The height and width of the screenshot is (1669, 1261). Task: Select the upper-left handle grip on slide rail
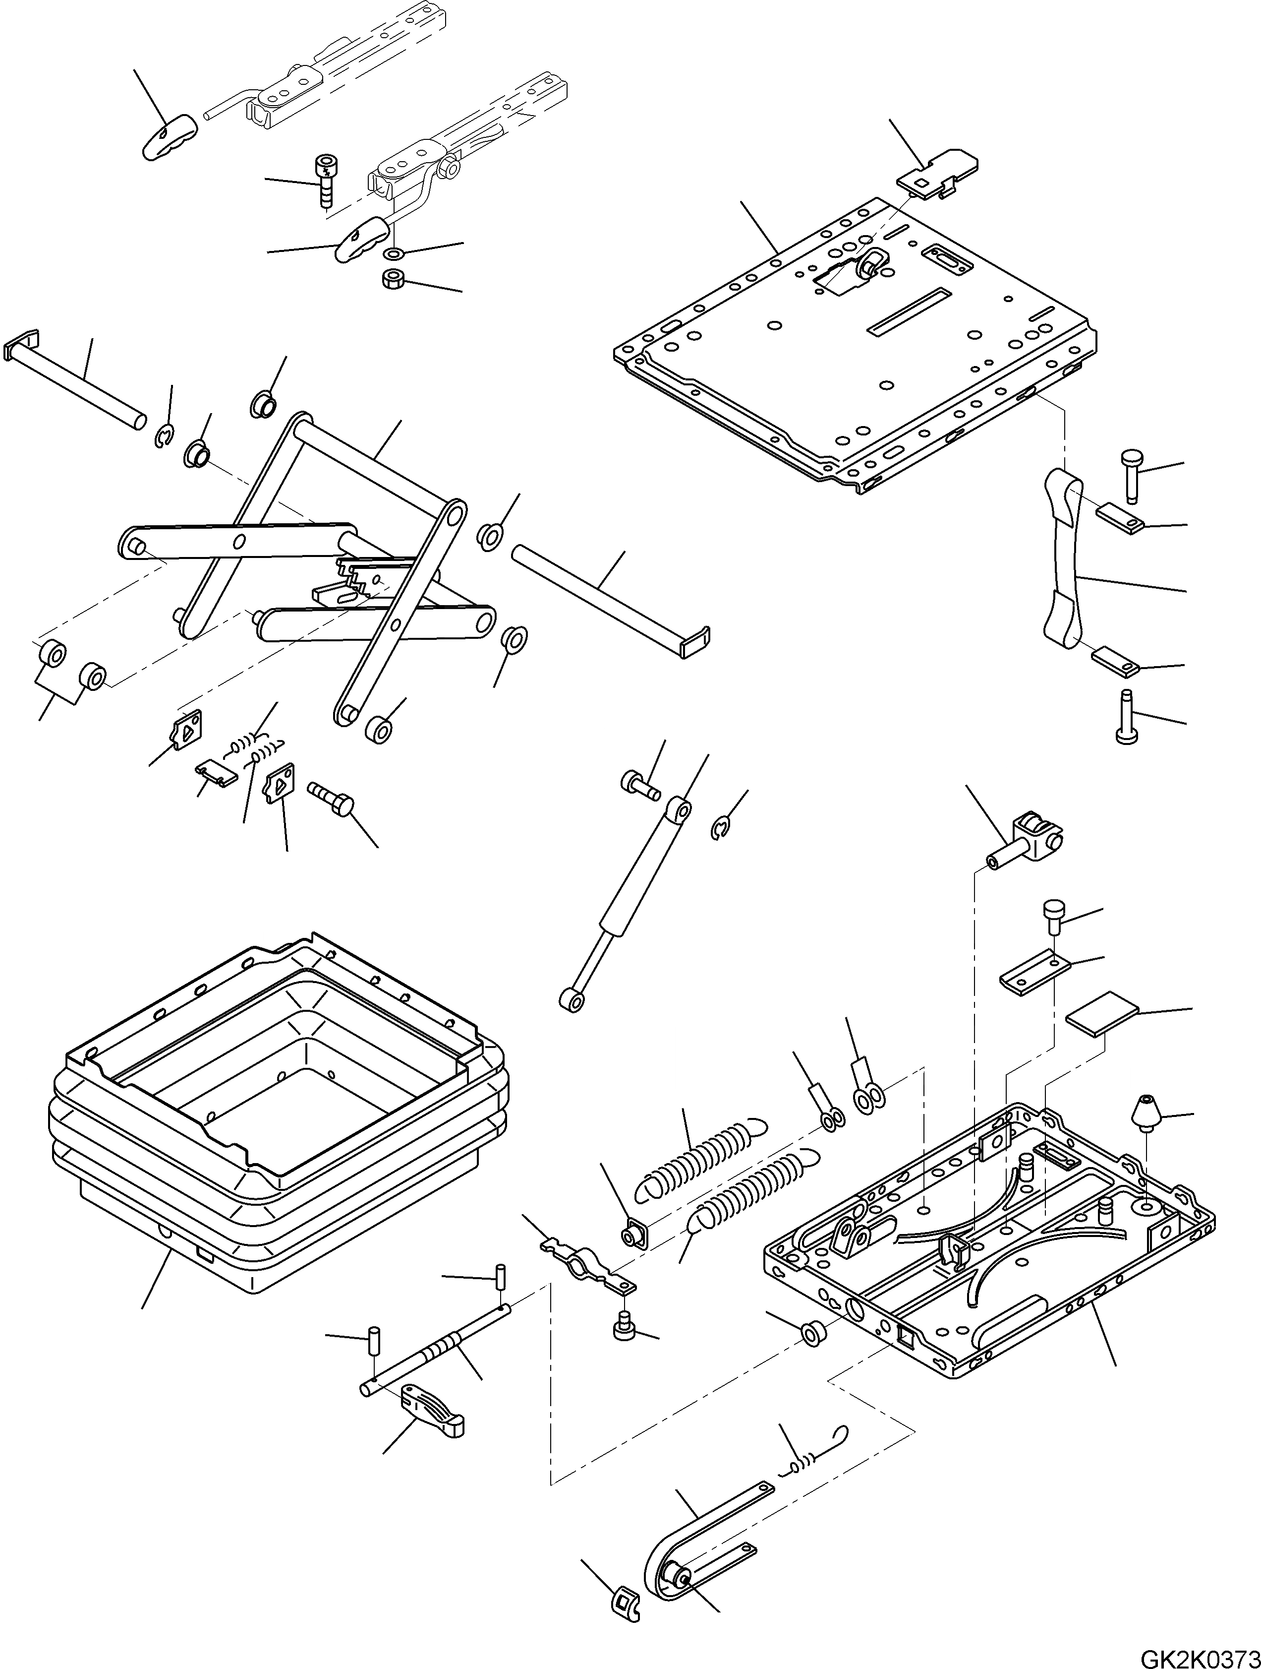(168, 136)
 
